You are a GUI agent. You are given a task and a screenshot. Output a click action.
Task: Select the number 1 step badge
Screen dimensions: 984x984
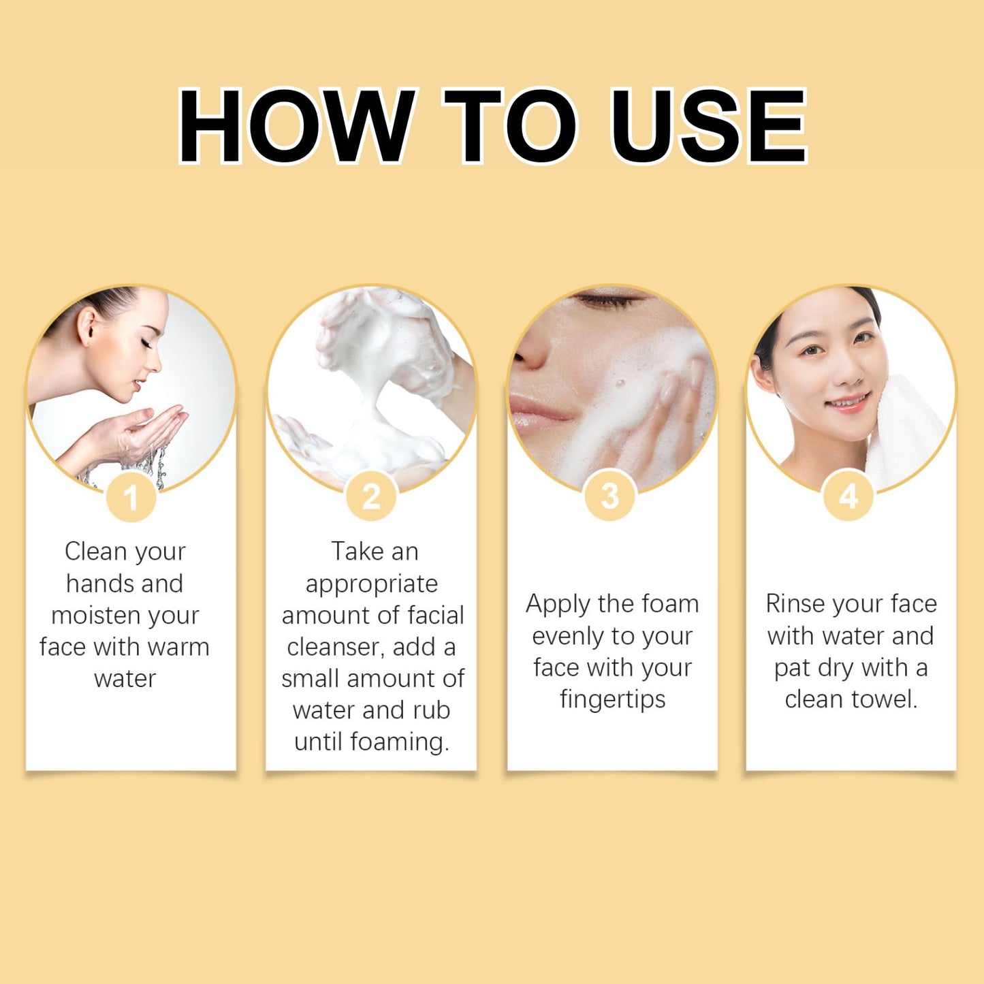coord(131,497)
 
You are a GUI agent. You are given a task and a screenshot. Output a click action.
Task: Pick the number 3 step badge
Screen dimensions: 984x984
coord(610,496)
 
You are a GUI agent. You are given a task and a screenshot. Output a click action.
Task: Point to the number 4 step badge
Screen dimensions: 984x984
coord(848,496)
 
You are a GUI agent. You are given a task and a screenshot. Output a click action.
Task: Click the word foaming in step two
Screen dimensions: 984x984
coord(399,743)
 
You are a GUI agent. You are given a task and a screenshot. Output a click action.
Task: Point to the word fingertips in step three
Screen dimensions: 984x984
coord(613,699)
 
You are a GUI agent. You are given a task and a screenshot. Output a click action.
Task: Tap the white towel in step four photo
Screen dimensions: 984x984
coord(904,430)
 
